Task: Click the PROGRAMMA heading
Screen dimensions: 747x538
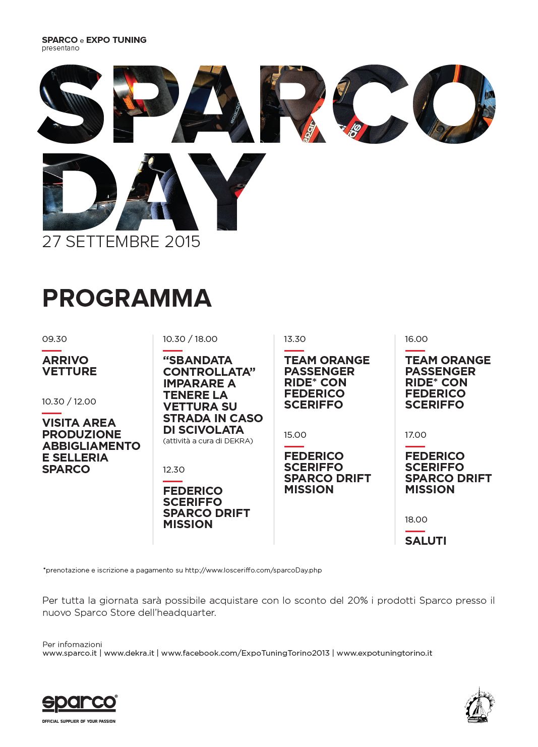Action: tap(127, 298)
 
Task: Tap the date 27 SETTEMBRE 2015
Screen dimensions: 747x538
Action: tap(121, 242)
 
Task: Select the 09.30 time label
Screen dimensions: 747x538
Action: tap(54, 339)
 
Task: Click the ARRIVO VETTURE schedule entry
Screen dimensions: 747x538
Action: tap(69, 366)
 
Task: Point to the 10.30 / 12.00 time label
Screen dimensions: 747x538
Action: tap(69, 401)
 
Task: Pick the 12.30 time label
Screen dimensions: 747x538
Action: tap(173, 470)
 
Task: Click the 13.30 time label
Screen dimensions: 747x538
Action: tap(294, 339)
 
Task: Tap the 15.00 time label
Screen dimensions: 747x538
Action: tap(295, 435)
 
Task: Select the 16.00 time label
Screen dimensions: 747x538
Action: tap(416, 339)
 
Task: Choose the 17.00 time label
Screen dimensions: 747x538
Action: tap(415, 435)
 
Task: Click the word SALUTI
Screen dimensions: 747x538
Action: tap(426, 541)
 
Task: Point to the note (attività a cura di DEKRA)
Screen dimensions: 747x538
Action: tap(208, 441)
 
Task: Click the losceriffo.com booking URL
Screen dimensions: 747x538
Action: tap(253, 570)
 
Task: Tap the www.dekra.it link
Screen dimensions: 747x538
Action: tap(129, 653)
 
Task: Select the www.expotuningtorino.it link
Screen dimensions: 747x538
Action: tap(384, 653)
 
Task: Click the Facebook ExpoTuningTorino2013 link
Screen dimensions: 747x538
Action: tap(245, 653)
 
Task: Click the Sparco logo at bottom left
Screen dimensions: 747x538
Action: tap(79, 704)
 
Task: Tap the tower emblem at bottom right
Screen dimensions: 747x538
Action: tap(480, 705)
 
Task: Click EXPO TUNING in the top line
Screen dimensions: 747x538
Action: tap(116, 40)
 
